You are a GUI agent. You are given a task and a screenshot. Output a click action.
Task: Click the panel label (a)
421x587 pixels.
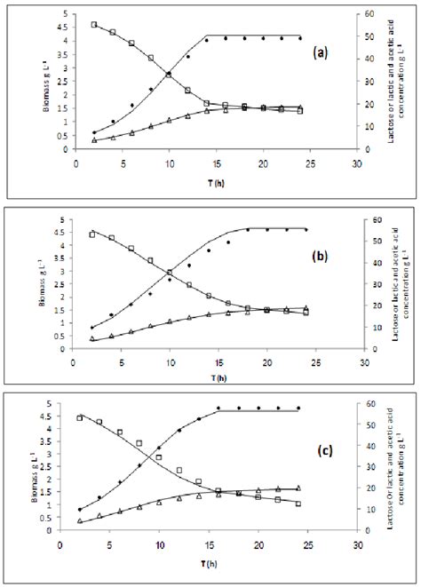322,52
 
